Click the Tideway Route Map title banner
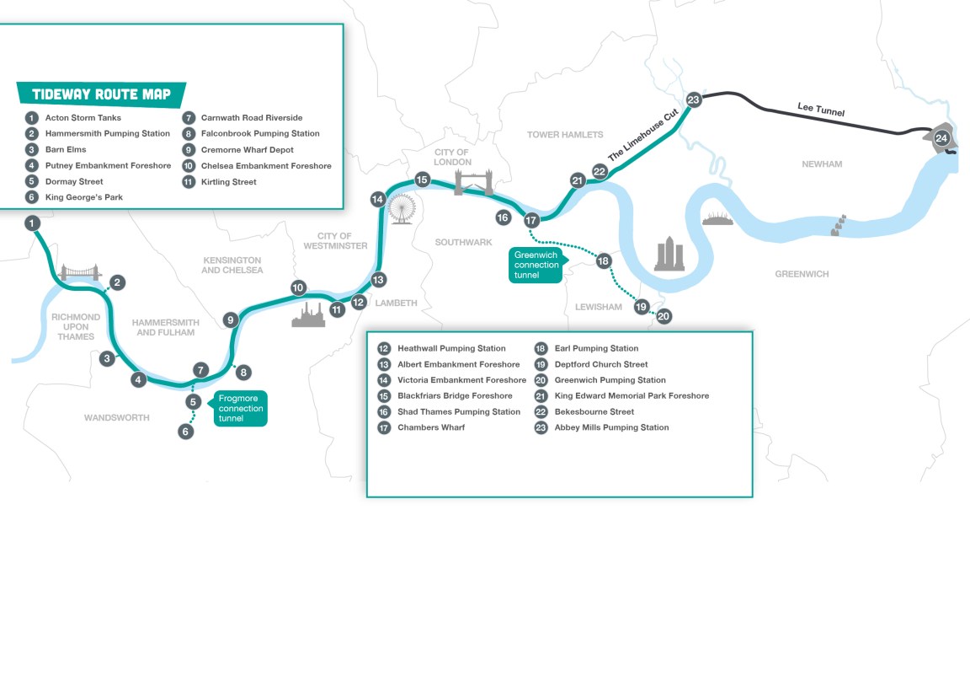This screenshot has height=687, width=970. click(101, 94)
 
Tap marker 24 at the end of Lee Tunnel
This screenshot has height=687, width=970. click(941, 137)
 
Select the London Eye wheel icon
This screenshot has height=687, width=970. click(403, 207)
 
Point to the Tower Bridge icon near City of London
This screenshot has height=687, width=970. click(473, 181)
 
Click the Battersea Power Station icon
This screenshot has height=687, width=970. click(308, 314)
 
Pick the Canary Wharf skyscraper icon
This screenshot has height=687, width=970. click(669, 254)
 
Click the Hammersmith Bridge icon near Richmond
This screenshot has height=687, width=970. click(81, 271)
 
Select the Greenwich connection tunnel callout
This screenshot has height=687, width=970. click(536, 265)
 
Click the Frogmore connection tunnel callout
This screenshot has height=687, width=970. click(240, 408)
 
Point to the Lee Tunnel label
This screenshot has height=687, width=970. click(820, 109)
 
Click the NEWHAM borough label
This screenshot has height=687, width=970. click(821, 164)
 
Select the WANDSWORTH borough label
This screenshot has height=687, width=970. click(116, 417)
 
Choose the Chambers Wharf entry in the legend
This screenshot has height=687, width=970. click(431, 427)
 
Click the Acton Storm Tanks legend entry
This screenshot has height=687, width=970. click(83, 118)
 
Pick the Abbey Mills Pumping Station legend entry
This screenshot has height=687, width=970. click(611, 427)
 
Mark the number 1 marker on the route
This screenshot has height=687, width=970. click(32, 223)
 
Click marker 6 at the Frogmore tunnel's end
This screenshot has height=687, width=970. click(186, 432)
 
